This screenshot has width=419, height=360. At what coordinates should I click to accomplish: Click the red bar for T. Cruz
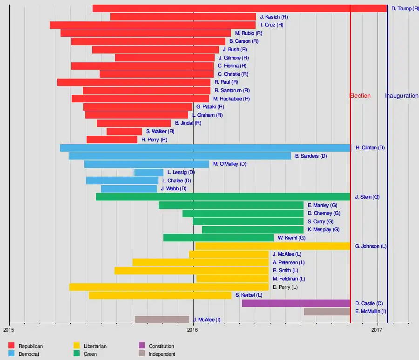(x=153, y=25)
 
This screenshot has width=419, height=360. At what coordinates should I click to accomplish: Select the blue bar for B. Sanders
(x=180, y=156)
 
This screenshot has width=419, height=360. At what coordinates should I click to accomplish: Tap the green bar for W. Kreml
(x=218, y=238)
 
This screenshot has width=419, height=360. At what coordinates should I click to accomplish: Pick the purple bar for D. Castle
(x=296, y=303)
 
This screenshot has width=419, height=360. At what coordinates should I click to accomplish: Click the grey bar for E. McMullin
(x=327, y=312)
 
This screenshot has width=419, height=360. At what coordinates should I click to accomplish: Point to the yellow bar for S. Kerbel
(x=160, y=295)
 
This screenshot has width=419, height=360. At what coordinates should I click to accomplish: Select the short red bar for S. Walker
(x=124, y=132)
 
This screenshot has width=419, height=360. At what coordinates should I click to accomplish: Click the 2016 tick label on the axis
(x=193, y=330)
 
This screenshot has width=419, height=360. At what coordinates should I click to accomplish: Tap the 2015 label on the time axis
(x=9, y=330)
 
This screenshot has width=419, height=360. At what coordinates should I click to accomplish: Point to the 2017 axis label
(x=377, y=330)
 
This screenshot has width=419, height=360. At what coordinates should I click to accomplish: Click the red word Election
(x=360, y=96)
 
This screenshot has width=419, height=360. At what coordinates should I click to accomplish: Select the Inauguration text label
(x=402, y=96)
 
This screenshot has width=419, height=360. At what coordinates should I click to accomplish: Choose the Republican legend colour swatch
(x=12, y=346)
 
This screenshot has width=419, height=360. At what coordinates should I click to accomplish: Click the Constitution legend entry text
(x=162, y=346)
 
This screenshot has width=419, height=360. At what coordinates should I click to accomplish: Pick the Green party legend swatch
(x=77, y=354)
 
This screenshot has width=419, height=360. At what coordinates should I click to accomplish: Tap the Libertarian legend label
(x=95, y=346)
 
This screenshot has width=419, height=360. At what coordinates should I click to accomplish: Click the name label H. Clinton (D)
(x=370, y=148)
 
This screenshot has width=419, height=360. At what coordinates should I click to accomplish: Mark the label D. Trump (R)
(x=405, y=9)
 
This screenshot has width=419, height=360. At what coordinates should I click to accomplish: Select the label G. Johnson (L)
(x=371, y=246)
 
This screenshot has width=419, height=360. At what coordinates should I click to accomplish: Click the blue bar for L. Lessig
(x=149, y=173)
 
